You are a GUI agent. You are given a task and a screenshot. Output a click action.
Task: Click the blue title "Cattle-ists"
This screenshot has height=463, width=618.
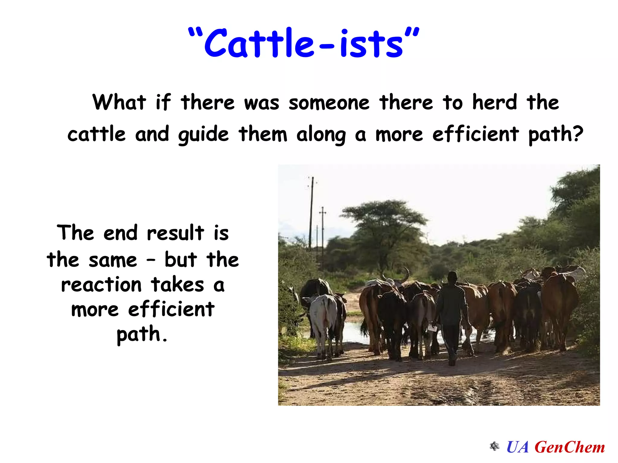tap(303, 43)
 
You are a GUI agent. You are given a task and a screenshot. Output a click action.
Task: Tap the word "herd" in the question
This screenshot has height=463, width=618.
tap(495, 102)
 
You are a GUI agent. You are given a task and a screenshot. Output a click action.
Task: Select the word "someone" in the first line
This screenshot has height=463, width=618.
tap(329, 103)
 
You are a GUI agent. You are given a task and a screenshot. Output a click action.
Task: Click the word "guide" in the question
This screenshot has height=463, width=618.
tap(203, 135)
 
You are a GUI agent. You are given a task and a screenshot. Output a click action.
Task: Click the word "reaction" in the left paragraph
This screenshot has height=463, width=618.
tap(101, 285)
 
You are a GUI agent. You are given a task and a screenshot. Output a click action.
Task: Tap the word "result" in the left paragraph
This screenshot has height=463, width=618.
tap(175, 233)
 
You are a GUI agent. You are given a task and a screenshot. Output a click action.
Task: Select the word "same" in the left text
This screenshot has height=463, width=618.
tap(113, 260)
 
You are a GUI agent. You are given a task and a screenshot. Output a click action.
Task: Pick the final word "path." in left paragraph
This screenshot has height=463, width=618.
tap(142, 335)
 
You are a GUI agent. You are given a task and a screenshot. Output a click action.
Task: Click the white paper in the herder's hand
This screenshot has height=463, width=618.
tap(432, 327)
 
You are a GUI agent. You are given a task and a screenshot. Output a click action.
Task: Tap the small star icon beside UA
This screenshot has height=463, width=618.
tap(494, 446)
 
